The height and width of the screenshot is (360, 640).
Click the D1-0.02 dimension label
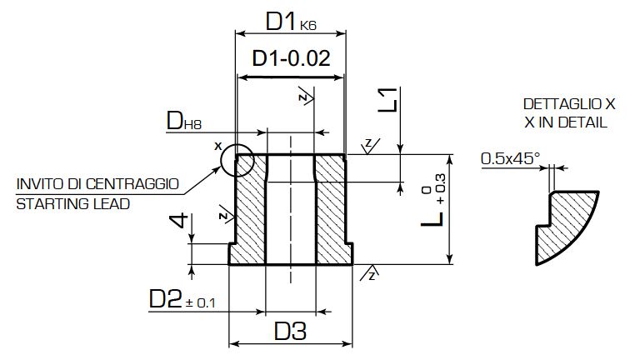291,58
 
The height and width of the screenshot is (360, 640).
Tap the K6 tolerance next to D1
308,26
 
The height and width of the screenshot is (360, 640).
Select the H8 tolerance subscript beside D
192,124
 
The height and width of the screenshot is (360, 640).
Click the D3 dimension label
290,331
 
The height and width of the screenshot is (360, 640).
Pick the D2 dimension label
165,299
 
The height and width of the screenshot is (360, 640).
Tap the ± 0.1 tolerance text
200,302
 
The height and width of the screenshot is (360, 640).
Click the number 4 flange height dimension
179,220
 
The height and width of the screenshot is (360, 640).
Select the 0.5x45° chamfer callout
510,158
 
